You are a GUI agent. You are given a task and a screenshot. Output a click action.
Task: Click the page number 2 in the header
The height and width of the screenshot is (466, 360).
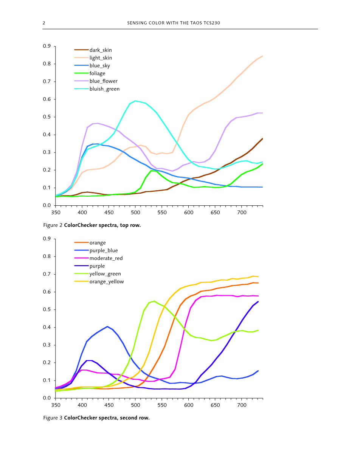pyautogui.click(x=44, y=23)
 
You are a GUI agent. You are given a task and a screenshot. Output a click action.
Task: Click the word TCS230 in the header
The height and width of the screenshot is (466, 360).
pyautogui.click(x=212, y=23)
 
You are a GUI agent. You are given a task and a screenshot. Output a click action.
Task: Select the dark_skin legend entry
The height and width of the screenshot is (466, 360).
pyautogui.click(x=101, y=50)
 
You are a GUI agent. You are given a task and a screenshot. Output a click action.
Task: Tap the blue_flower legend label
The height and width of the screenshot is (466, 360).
pyautogui.click(x=103, y=81)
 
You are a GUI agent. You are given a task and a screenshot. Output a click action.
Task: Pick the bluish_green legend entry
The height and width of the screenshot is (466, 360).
pyautogui.click(x=104, y=89)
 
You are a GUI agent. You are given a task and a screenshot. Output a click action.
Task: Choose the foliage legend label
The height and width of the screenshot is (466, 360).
pyautogui.click(x=97, y=73)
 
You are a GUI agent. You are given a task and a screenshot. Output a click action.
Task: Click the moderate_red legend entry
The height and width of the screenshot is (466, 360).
pyautogui.click(x=106, y=258)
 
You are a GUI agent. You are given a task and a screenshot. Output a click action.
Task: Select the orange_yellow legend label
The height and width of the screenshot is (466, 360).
pyautogui.click(x=106, y=281)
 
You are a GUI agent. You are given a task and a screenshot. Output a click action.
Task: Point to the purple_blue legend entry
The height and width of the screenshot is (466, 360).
pyautogui.click(x=103, y=250)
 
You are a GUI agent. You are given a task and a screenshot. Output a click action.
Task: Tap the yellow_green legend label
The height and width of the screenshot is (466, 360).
pyautogui.click(x=105, y=274)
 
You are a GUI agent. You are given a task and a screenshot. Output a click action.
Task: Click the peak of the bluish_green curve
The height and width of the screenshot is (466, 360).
pyautogui.click(x=135, y=101)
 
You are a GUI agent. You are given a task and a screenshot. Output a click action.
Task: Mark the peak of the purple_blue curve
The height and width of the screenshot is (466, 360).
pyautogui.click(x=107, y=326)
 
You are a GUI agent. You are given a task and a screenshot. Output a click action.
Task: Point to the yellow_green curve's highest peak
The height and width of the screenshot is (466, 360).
pyautogui.click(x=154, y=301)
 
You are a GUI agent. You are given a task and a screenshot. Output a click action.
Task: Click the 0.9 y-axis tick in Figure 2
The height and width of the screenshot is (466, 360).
pyautogui.click(x=47, y=46)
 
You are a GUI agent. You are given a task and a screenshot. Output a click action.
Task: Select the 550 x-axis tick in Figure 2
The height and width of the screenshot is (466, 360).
pyautogui.click(x=162, y=213)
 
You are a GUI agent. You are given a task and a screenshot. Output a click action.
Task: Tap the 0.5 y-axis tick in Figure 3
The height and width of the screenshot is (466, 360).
pyautogui.click(x=47, y=309)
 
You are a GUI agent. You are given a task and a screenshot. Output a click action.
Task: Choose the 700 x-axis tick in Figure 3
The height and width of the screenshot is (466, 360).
pyautogui.click(x=242, y=405)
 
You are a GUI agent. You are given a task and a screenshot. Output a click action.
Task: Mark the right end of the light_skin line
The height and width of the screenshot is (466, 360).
pyautogui.click(x=262, y=56)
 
